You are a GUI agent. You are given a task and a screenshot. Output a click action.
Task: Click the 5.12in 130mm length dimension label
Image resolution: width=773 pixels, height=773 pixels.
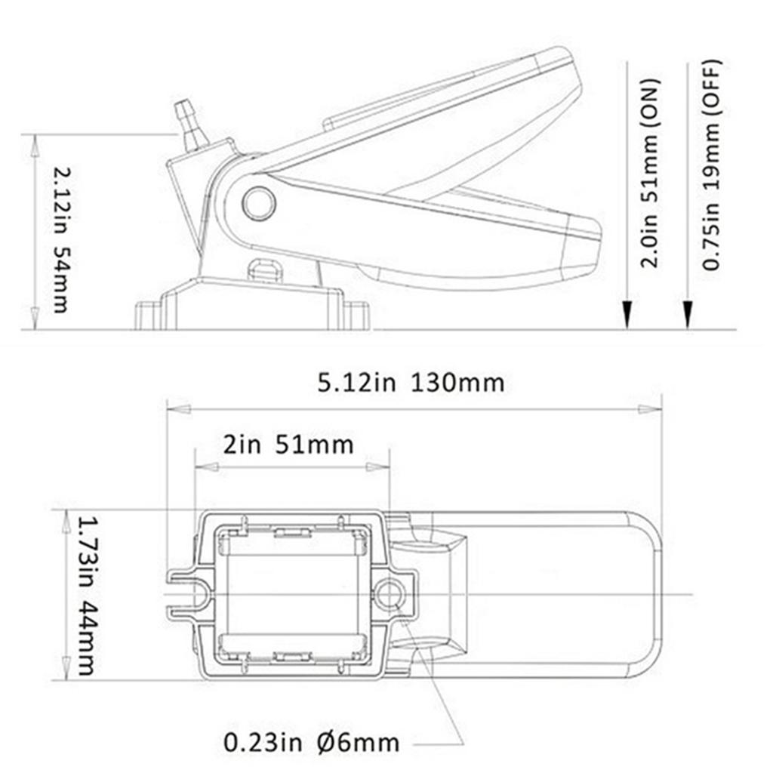(x=411, y=383)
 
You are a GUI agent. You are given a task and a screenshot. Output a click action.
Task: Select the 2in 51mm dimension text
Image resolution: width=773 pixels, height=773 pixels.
(x=288, y=444)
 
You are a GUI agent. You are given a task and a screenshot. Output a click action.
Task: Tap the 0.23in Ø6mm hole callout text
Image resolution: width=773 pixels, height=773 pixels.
(x=311, y=742)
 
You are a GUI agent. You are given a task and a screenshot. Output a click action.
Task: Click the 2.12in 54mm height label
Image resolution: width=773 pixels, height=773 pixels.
(x=60, y=240)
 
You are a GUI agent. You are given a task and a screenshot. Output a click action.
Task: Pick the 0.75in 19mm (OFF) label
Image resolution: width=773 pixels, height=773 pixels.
(x=711, y=164)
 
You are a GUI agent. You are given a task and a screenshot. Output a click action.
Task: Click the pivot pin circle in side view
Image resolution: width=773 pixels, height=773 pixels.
(x=259, y=203)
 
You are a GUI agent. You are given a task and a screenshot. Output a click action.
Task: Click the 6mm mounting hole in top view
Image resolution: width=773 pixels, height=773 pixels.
(x=389, y=595)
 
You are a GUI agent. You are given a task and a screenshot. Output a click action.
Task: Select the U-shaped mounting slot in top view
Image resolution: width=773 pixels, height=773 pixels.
(x=192, y=595)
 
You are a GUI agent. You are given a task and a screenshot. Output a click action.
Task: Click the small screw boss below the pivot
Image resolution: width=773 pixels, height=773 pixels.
(x=264, y=270)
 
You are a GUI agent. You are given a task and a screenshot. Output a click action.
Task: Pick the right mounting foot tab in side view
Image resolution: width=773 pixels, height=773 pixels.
(x=357, y=314)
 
